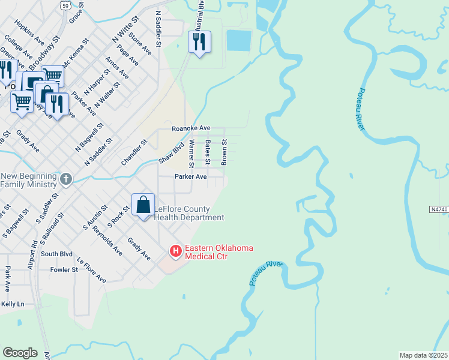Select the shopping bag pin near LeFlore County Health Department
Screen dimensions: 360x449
(x=143, y=205)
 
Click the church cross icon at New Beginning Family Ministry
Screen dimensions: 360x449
(x=66, y=179)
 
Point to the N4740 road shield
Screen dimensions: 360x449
(x=439, y=209)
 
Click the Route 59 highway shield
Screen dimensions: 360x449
(x=65, y=5)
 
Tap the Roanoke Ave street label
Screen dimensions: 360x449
(x=191, y=128)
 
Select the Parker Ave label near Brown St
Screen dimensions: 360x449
(x=190, y=177)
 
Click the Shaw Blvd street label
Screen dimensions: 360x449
(x=171, y=152)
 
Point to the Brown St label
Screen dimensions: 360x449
(x=224, y=152)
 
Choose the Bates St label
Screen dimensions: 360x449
(x=208, y=152)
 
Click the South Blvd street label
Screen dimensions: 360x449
(x=57, y=254)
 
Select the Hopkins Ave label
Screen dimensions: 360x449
(x=30, y=35)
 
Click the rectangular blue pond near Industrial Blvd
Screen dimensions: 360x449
(x=238, y=40)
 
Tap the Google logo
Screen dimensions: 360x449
(x=20, y=353)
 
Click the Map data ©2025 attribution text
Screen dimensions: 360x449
(x=424, y=355)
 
